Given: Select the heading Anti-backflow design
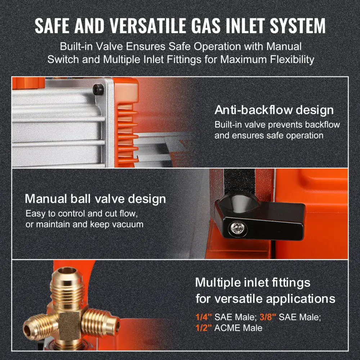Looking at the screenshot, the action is pos(274,110).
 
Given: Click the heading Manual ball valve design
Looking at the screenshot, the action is pos(95,199).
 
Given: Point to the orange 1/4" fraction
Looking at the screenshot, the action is pos(204,317).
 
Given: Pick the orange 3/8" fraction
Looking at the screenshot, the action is pos(268,317).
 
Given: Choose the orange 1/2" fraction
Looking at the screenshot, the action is pos(204,328).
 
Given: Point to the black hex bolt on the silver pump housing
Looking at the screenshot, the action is pos(98,89).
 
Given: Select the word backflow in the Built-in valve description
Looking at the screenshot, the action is pos(322,125).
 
